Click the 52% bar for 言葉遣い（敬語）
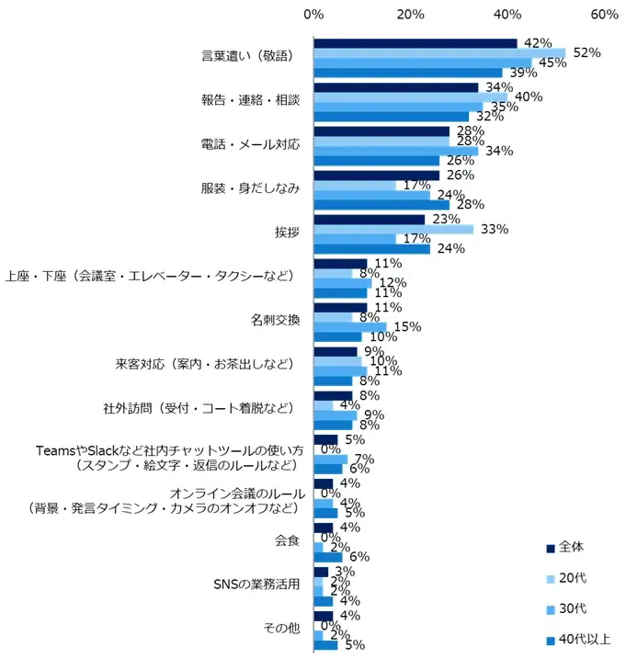(x=439, y=53)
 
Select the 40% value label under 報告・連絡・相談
(x=529, y=96)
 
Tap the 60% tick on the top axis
(x=604, y=15)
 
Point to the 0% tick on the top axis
(x=313, y=15)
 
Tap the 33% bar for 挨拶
(x=393, y=229)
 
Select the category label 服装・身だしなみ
(x=250, y=188)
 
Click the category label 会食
(x=288, y=541)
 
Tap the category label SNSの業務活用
(x=256, y=585)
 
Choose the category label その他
(x=281, y=630)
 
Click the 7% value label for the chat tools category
(x=363, y=459)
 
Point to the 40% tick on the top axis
(x=506, y=15)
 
